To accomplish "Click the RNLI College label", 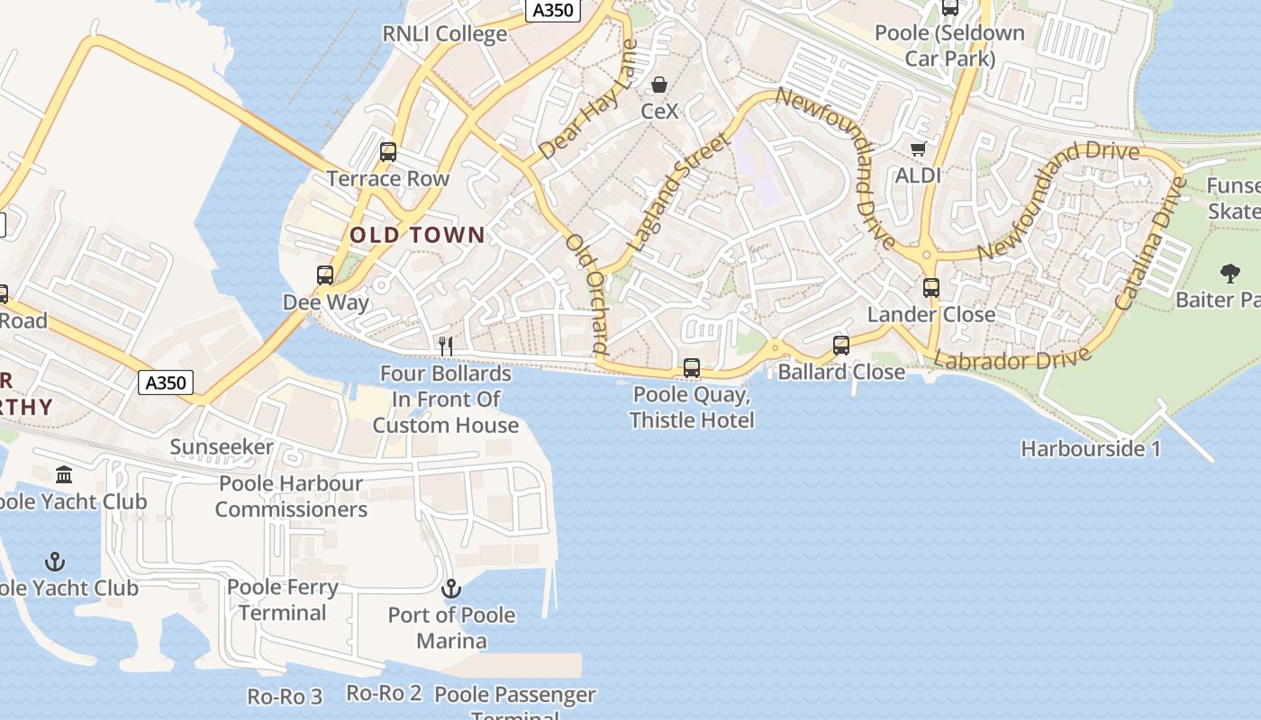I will [445, 34].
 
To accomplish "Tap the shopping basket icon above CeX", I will [659, 85].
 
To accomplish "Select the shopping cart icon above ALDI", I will [918, 148].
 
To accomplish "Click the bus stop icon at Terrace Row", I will [388, 152].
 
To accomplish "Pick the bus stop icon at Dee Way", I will [325, 275].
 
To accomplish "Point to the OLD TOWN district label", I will [417, 236].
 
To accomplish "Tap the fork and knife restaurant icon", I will [445, 345].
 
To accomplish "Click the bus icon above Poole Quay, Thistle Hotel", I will [692, 368].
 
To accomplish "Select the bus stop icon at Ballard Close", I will [841, 346].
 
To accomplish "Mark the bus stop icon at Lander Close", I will [931, 289].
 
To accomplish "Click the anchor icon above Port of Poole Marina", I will [451, 589].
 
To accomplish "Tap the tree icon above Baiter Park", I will [1229, 274].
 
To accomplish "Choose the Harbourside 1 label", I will [1091, 448].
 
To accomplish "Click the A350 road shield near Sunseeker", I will [167, 382].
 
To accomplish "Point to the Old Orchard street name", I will [586, 293].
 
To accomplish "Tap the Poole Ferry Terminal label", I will [283, 600].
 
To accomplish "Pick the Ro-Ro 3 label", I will [285, 697].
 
